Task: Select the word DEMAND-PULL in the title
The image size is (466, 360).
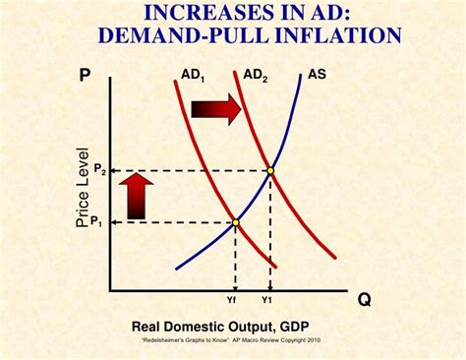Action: point(172,35)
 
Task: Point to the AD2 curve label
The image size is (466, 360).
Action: point(255,75)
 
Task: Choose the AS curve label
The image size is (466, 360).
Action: point(317,74)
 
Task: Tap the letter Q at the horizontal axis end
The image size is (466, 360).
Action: point(365,299)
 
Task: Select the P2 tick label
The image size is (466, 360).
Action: point(99,171)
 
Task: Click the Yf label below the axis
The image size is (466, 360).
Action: point(234,299)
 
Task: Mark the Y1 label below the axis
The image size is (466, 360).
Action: point(268,299)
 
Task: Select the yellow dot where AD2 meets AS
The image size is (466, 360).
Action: point(270,170)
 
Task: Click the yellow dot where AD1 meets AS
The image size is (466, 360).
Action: point(235,221)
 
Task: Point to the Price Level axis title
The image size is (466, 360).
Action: point(83,189)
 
